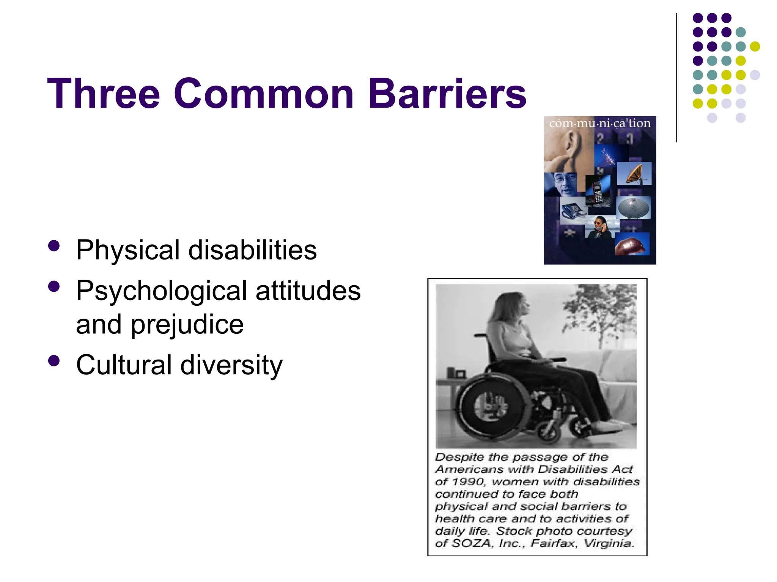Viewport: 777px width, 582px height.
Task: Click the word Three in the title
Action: point(103,94)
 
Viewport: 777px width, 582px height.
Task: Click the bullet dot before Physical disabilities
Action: point(54,246)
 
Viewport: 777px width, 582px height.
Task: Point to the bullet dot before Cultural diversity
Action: point(54,361)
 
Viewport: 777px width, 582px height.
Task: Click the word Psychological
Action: point(162,291)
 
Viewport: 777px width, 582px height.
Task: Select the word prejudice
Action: point(187,325)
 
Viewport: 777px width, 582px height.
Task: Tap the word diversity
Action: point(231,365)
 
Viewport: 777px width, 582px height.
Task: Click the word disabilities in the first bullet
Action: point(252,250)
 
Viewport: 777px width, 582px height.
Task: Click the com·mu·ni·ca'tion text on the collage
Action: point(600,123)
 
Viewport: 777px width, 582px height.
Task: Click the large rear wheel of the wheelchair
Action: point(489,407)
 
